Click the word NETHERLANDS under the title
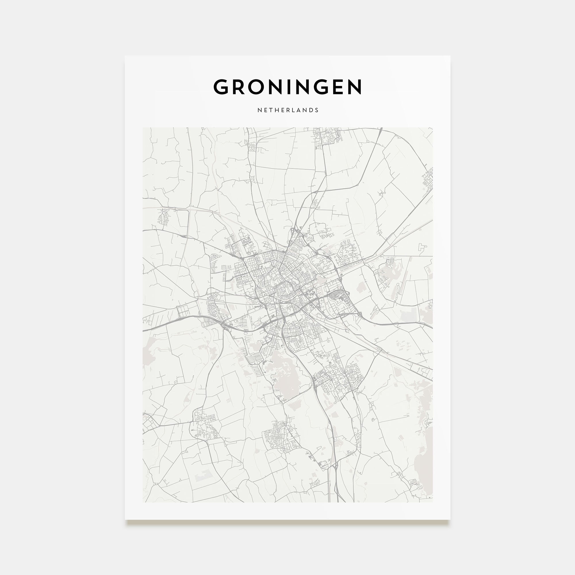click(x=288, y=110)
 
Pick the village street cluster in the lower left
click(x=205, y=424)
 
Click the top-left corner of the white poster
click(x=125, y=56)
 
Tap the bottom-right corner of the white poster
click(x=450, y=519)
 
